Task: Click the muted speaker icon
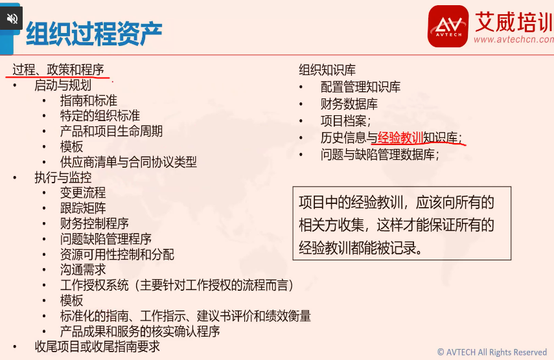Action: pyautogui.click(x=12, y=18)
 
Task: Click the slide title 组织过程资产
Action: pyautogui.click(x=94, y=34)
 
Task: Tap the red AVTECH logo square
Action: pyautogui.click(x=448, y=26)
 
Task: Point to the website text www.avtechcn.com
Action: pyautogui.click(x=514, y=39)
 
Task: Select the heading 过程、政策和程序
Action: pyautogui.click(x=58, y=69)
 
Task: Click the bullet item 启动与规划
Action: pyautogui.click(x=63, y=85)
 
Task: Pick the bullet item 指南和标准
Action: pyautogui.click(x=89, y=100)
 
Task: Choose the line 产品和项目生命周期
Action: pyautogui.click(x=111, y=131)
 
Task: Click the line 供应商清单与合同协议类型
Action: pyautogui.click(x=128, y=162)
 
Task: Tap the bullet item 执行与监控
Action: pyautogui.click(x=63, y=177)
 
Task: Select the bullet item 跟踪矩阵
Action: pyautogui.click(x=83, y=208)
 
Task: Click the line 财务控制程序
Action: pyautogui.click(x=95, y=223)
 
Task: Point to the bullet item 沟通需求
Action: pyautogui.click(x=83, y=269)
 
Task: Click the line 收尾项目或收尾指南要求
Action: pyautogui.click(x=97, y=346)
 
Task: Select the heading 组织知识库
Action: pyautogui.click(x=327, y=70)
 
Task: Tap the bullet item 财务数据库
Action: pyautogui.click(x=349, y=104)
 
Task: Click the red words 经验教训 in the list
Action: pyautogui.click(x=400, y=138)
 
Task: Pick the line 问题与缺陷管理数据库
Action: pyautogui.click(x=380, y=155)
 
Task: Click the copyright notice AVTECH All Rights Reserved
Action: pyautogui.click(x=492, y=352)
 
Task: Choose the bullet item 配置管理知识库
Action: pyautogui.click(x=360, y=87)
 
